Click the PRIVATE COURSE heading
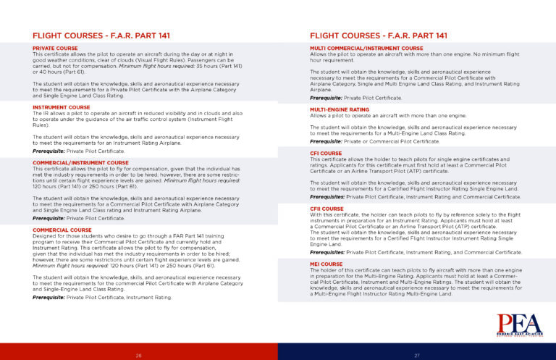56,48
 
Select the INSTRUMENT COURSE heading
61,106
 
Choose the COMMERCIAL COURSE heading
61,229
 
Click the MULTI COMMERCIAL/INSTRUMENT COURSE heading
366,48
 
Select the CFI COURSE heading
326,154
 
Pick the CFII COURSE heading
327,209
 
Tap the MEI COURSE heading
325,264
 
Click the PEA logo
518,325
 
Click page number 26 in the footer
139,355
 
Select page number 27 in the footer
417,355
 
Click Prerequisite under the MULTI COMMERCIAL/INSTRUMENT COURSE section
326,97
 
